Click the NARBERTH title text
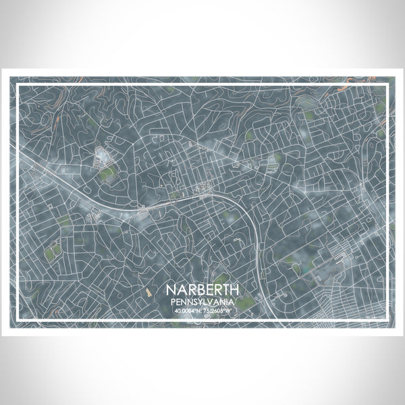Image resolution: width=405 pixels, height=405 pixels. click(202, 290)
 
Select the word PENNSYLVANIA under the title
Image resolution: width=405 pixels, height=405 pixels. click(202, 302)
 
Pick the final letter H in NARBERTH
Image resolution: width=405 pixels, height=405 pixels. click(234, 290)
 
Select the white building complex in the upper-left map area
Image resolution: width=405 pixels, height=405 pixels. click(103, 157)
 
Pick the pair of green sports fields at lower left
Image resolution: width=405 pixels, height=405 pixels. click(53, 251)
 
